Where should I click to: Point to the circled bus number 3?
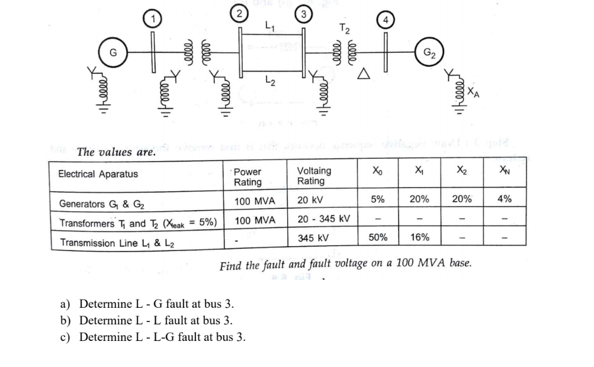tap(303, 11)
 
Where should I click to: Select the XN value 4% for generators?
tap(505, 199)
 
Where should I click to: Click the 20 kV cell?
tap(310, 200)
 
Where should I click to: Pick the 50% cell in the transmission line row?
tap(378, 237)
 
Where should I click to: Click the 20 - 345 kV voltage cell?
tap(323, 219)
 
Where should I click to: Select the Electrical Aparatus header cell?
tap(98, 173)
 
